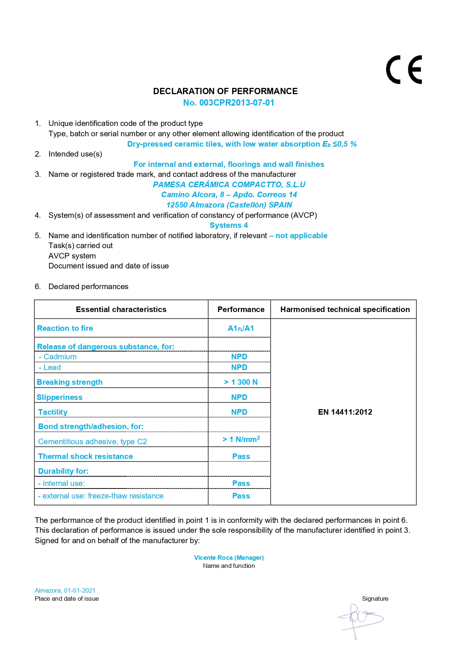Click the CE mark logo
pyautogui.click(x=404, y=70)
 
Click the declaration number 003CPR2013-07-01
pyautogui.click(x=229, y=103)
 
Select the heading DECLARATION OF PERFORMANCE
pyautogui.click(x=225, y=91)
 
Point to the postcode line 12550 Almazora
pyautogui.click(x=229, y=205)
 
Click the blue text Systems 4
pyautogui.click(x=229, y=225)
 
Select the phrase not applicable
pyautogui.click(x=301, y=236)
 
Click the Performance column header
pyautogui.click(x=241, y=309)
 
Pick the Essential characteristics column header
pyautogui.click(x=121, y=309)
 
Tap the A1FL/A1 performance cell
pyautogui.click(x=241, y=328)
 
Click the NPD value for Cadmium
pyautogui.click(x=239, y=357)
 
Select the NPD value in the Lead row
pyautogui.click(x=239, y=367)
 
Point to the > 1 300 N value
pyautogui.click(x=241, y=382)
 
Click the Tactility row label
pyautogui.click(x=53, y=412)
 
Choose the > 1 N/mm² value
pyautogui.click(x=241, y=439)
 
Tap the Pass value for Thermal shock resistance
pyautogui.click(x=241, y=456)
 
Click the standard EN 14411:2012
pyautogui.click(x=345, y=412)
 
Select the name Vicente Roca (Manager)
pyautogui.click(x=229, y=558)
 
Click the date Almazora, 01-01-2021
pyautogui.click(x=65, y=590)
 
